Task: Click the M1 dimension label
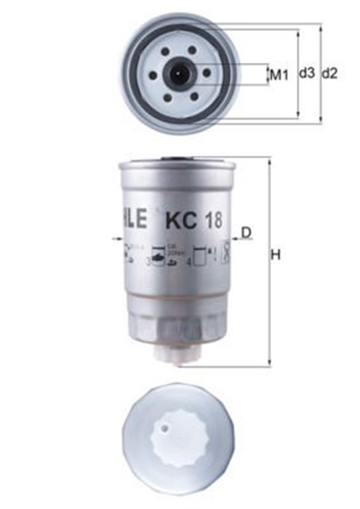point(277,76)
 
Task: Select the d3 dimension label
point(307,73)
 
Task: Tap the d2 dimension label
point(331,73)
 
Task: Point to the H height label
point(277,255)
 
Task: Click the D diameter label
point(247,232)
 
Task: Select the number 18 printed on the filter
point(211,217)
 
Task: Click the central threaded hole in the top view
point(178,74)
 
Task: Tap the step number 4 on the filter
point(189,260)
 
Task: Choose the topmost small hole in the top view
point(178,49)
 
